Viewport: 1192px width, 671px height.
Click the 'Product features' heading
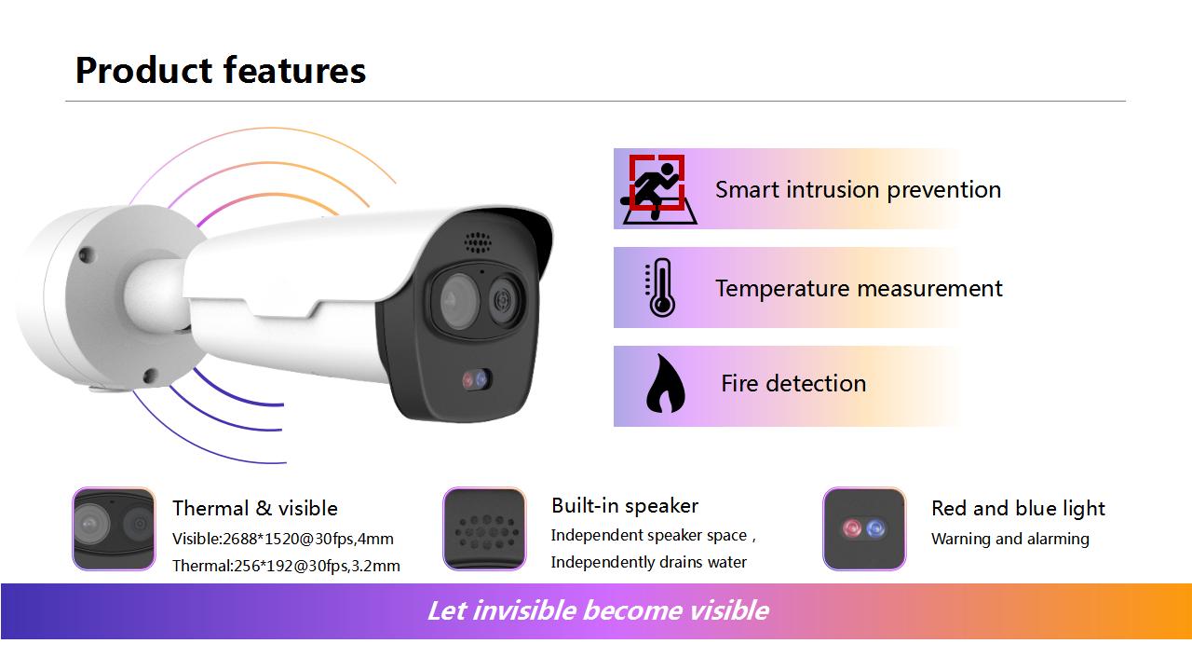click(221, 70)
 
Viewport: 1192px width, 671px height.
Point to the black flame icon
click(665, 383)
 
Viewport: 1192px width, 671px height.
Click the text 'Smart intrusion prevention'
click(858, 189)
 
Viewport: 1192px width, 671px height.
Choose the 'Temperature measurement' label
click(859, 288)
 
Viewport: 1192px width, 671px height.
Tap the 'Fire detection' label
click(793, 383)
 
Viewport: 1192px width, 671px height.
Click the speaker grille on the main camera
click(478, 242)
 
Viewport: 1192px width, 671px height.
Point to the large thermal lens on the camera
click(459, 300)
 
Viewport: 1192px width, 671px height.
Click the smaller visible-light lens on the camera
click(503, 301)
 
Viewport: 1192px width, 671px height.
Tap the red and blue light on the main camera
click(476, 379)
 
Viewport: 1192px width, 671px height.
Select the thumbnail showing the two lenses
click(114, 528)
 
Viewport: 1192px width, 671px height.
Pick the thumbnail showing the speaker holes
click(484, 528)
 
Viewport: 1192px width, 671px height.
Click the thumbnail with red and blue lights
click(864, 528)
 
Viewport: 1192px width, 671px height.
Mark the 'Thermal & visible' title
click(255, 508)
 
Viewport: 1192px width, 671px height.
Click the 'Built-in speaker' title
click(625, 505)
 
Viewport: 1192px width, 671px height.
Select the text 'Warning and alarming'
click(1010, 539)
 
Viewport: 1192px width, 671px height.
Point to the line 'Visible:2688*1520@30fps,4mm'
click(282, 539)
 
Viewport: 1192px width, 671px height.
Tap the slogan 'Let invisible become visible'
click(598, 610)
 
